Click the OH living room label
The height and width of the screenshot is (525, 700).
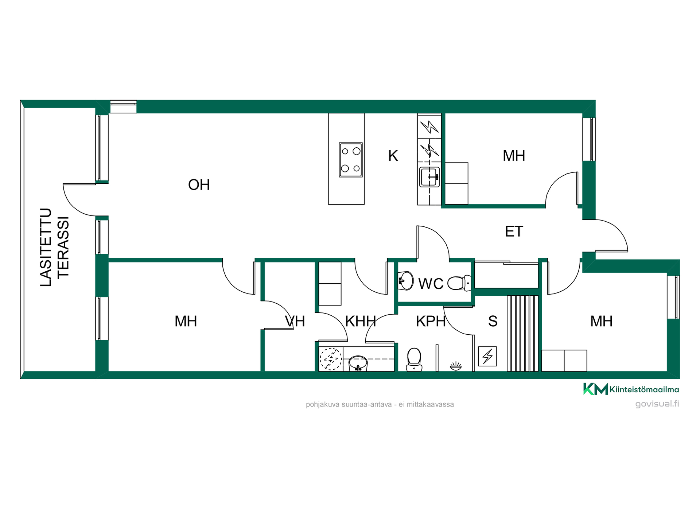point(199,185)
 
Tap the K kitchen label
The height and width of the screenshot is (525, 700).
point(393,156)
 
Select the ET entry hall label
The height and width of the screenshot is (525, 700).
point(514,232)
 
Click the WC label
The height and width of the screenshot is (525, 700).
point(431,284)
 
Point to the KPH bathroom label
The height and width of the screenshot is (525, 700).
point(431,321)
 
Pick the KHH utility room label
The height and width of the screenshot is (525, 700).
point(361,321)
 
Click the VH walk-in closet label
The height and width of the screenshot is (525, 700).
point(295,321)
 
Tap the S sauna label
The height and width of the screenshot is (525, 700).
point(493,321)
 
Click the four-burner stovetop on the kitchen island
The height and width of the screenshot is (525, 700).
point(351,160)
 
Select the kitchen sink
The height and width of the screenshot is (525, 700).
point(429,177)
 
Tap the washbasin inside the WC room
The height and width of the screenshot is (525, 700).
point(406,281)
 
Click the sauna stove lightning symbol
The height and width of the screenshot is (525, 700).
point(487,356)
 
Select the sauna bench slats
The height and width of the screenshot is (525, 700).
point(522,333)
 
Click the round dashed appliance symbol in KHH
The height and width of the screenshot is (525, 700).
point(331,359)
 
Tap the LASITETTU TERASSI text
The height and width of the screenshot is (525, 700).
point(54,248)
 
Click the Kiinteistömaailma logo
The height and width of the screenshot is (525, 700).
point(631,389)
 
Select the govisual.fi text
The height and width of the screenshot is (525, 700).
point(657,404)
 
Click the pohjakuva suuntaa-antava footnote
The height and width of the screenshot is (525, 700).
point(380,404)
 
